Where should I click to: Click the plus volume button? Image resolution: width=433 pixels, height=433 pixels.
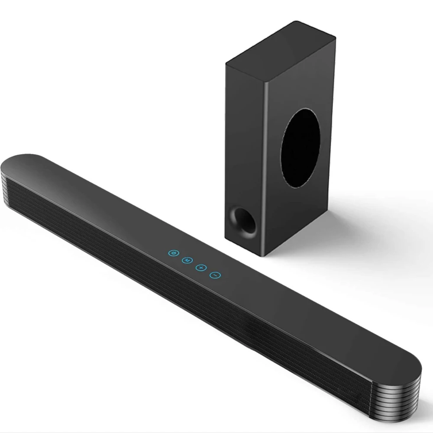[x=200, y=268]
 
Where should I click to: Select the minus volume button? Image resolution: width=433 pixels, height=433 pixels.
[x=215, y=275]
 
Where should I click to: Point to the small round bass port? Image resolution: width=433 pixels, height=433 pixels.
[x=240, y=219]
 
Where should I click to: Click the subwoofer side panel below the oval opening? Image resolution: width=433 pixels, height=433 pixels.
[x=303, y=216]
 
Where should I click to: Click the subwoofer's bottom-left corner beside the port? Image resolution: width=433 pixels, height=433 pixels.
[x=226, y=236]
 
